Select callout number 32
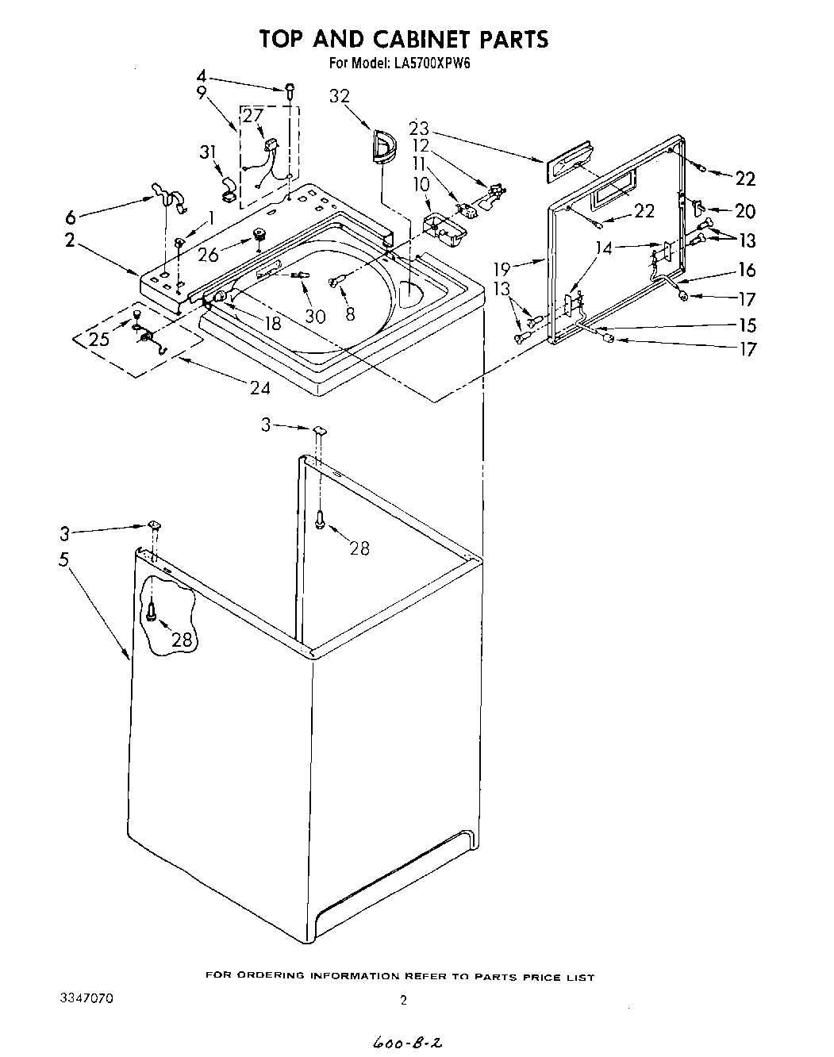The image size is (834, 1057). coord(339,96)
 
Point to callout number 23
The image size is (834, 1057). coord(419,128)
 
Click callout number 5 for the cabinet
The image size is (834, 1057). coord(63,559)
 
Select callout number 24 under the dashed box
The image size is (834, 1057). coord(259,387)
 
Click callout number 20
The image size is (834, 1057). coord(744,210)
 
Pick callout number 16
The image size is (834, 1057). coord(746,270)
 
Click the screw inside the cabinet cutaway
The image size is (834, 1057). coord(151,610)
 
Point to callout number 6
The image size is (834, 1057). coord(70,217)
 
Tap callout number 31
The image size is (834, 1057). coord(208,152)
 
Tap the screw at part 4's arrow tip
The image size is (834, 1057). coord(290,90)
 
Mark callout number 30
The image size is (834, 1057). coord(315,315)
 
